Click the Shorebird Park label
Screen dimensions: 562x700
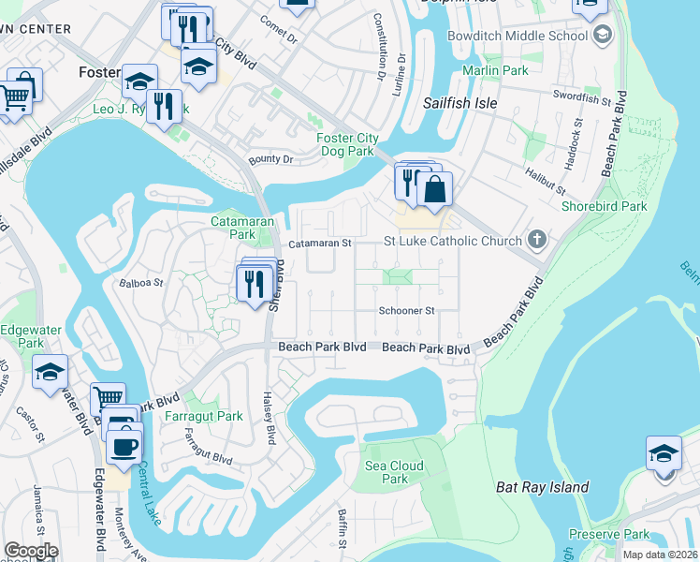(605, 206)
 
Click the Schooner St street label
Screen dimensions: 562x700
(407, 310)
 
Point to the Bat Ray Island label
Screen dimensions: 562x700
(542, 487)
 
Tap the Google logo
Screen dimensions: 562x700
(31, 551)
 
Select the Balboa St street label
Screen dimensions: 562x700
(141, 281)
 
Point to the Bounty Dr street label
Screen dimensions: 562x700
(270, 159)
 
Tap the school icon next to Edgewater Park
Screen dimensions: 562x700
(51, 372)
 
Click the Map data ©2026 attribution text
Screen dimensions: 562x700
(659, 555)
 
